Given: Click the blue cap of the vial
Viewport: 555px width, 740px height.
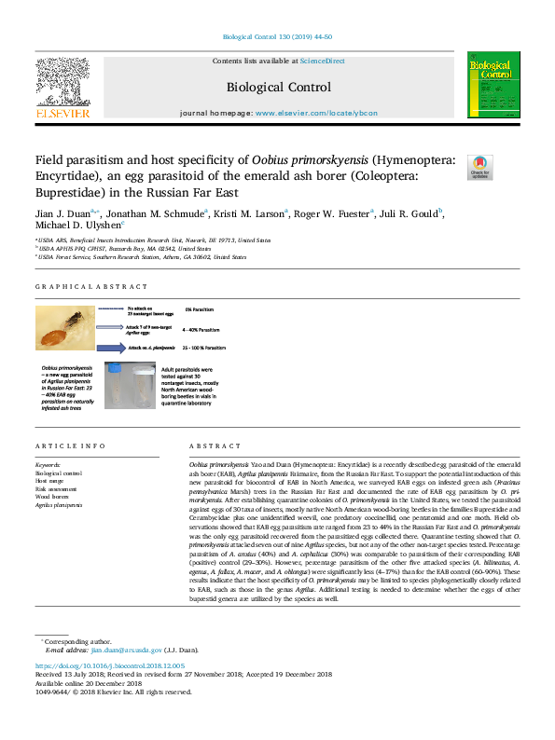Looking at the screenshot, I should [x=118, y=367].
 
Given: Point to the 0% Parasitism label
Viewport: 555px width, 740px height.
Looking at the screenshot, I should [x=201, y=308].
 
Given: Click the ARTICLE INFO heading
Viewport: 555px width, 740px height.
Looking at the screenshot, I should [x=63, y=447].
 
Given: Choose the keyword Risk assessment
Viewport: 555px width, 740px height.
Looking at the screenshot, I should [x=56, y=488].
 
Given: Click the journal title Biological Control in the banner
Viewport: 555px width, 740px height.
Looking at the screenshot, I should [x=278, y=88].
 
